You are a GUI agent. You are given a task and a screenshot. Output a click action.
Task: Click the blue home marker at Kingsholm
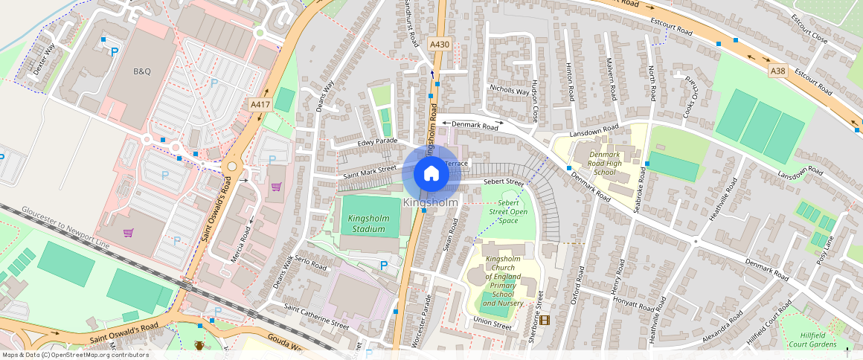point(431,173)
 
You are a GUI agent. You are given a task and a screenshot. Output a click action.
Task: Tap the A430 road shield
point(440,45)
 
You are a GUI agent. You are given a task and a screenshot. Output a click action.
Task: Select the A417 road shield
point(260,105)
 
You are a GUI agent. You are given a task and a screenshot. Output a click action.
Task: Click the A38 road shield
point(778,71)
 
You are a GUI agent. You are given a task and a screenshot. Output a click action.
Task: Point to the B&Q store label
point(141,71)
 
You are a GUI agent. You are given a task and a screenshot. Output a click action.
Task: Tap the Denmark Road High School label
point(605,164)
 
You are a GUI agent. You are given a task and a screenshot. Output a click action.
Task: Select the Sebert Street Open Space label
point(507,211)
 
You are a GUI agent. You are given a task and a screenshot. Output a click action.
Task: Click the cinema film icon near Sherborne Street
point(545,320)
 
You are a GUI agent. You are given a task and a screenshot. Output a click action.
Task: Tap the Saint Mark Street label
point(370,172)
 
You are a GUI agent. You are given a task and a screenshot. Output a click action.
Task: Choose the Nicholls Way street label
point(509,90)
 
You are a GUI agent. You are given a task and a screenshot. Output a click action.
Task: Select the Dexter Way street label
point(45,60)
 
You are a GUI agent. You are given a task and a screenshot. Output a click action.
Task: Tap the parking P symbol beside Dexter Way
point(114,51)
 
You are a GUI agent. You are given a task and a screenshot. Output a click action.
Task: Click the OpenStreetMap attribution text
point(75,355)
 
